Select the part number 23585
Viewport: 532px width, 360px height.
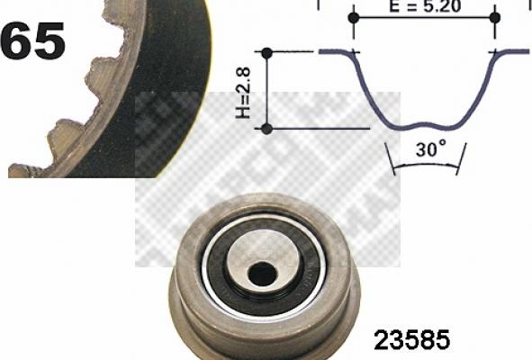pyautogui.click(x=410, y=341)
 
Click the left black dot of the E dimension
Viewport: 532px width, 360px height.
pyautogui.click(x=353, y=17)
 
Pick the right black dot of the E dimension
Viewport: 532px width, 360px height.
pyautogui.click(x=494, y=17)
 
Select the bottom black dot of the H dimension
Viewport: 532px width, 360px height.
pyautogui.click(x=266, y=129)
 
